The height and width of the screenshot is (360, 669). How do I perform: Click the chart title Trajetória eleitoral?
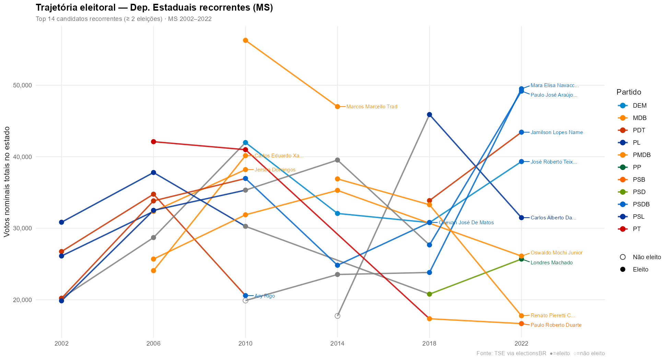click(x=154, y=8)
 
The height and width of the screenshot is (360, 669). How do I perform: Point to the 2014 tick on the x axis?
click(x=337, y=344)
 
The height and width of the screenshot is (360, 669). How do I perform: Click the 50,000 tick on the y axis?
click(x=22, y=85)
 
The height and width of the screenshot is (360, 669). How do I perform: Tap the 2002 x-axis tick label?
click(x=61, y=344)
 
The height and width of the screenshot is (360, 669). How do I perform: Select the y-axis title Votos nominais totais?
click(x=7, y=182)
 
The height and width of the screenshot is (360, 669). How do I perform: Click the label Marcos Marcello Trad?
click(x=372, y=107)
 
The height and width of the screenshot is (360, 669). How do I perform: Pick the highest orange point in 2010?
click(x=245, y=40)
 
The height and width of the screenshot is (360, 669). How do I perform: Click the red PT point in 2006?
click(x=153, y=142)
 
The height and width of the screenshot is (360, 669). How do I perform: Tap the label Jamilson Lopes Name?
click(x=556, y=132)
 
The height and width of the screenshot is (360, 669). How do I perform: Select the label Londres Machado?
click(x=551, y=263)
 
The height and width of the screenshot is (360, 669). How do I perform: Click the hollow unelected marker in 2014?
click(x=337, y=316)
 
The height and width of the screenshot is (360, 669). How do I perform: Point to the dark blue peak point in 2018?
click(x=429, y=115)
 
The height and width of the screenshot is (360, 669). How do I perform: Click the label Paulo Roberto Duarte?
click(x=556, y=325)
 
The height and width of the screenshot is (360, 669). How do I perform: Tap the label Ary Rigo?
click(x=265, y=296)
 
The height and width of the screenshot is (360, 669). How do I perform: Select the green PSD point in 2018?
click(x=429, y=294)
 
